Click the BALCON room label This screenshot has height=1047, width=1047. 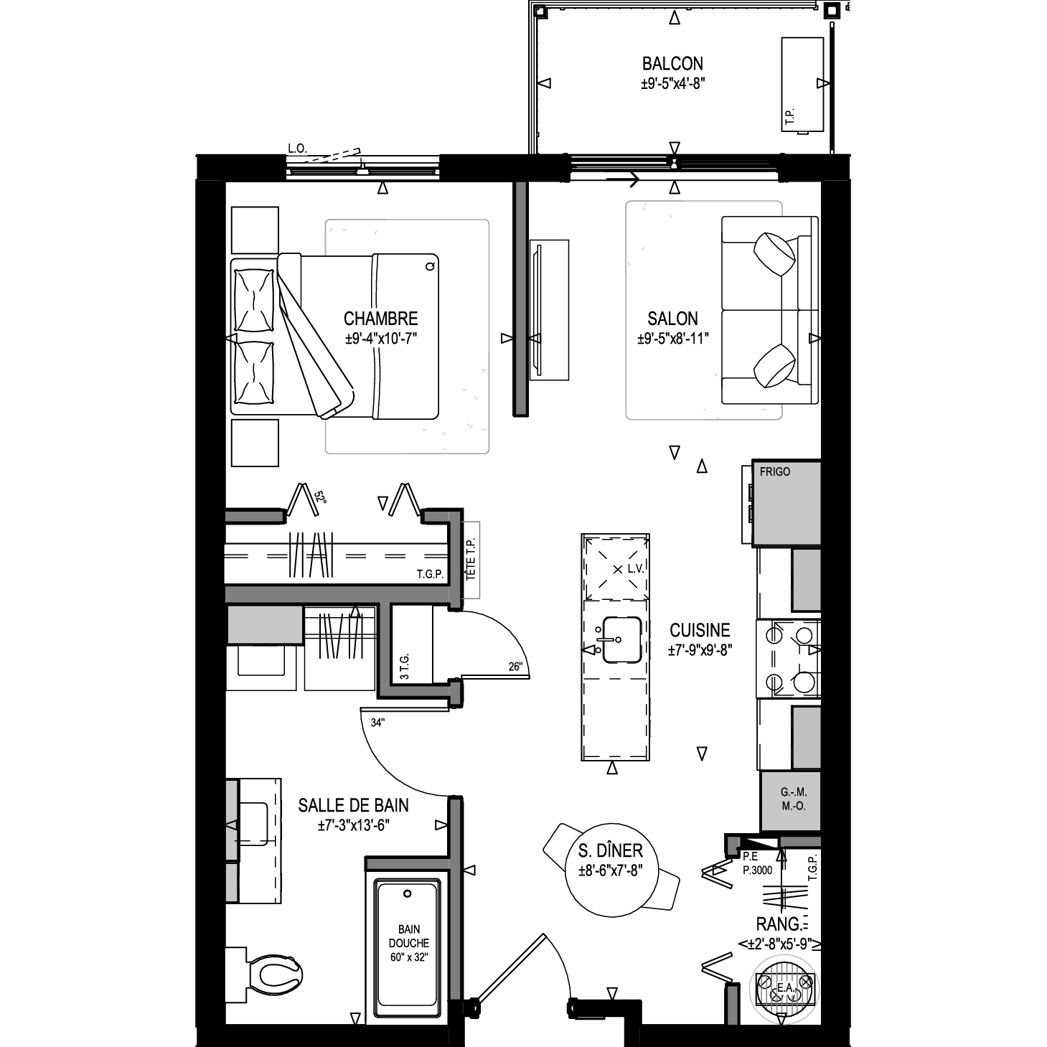tap(672, 64)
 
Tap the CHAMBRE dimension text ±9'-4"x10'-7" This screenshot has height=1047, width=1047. tap(381, 339)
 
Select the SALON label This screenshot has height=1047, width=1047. tap(672, 319)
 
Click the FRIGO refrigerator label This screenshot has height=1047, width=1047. tap(775, 471)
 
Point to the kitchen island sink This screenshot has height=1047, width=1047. tap(621, 639)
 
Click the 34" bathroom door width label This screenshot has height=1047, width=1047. tap(377, 723)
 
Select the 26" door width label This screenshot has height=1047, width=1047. tap(516, 667)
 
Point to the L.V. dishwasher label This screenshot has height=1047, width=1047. tap(635, 569)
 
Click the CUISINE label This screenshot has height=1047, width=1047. tap(700, 630)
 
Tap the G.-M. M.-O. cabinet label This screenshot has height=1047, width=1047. tap(794, 800)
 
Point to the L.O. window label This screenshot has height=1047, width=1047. tap(297, 149)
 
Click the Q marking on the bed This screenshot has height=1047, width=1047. tap(431, 266)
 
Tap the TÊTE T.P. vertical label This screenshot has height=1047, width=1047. tap(471, 559)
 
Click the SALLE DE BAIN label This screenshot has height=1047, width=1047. tap(353, 805)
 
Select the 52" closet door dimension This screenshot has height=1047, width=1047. tap(320, 497)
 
